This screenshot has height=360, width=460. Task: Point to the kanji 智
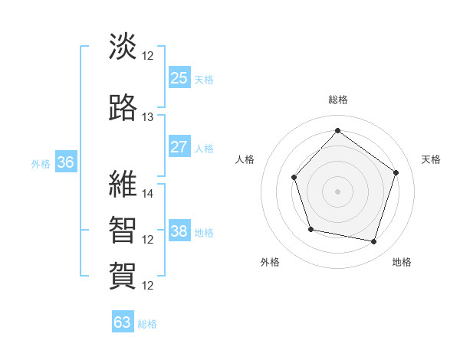tap(123, 229)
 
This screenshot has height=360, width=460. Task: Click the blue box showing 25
tap(179, 77)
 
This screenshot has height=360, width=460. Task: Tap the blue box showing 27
tap(179, 147)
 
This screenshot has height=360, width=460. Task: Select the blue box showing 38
tap(179, 231)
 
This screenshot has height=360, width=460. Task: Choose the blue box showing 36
tap(65, 162)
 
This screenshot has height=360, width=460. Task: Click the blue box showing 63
tap(123, 322)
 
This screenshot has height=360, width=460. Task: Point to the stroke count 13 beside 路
tap(148, 117)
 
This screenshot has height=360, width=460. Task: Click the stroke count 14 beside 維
tap(148, 194)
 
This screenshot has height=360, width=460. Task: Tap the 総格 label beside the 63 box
tap(147, 324)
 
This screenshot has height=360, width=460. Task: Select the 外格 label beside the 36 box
tap(41, 163)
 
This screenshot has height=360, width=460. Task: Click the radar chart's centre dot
tap(337, 191)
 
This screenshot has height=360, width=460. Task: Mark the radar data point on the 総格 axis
tap(337, 130)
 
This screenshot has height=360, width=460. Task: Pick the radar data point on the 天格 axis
tap(396, 172)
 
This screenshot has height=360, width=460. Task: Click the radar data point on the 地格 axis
tap(374, 242)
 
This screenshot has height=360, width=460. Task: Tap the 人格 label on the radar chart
tap(245, 159)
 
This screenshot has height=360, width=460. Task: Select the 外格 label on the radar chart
tap(270, 263)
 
